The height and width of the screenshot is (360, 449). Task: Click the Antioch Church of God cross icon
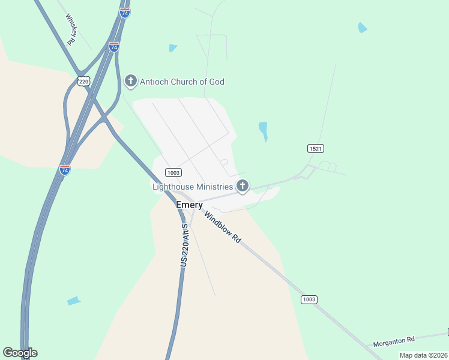pyautogui.click(x=131, y=80)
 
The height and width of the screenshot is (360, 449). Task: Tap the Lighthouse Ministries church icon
pyautogui.click(x=243, y=186)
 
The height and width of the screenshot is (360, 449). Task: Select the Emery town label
pyautogui.click(x=189, y=205)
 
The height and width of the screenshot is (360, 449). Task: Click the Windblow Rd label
pyautogui.click(x=222, y=227)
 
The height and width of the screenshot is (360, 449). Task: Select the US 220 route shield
pyautogui.click(x=83, y=81)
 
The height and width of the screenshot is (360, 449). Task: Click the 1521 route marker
pyautogui.click(x=316, y=148)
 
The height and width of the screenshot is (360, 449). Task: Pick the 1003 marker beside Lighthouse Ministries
pyautogui.click(x=173, y=173)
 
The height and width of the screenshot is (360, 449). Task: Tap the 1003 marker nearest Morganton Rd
pyautogui.click(x=309, y=299)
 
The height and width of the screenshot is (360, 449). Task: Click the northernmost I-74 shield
pyautogui.click(x=124, y=13)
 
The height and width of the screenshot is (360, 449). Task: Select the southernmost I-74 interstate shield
pyautogui.click(x=65, y=170)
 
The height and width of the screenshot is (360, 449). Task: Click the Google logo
pyautogui.click(x=20, y=353)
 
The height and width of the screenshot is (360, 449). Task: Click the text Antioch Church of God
pyautogui.click(x=182, y=81)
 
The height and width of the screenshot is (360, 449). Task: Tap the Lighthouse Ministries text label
pyautogui.click(x=193, y=187)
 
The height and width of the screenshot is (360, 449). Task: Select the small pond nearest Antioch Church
pyautogui.click(x=173, y=48)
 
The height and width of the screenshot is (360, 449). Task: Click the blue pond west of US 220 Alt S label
pyautogui.click(x=73, y=301)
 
